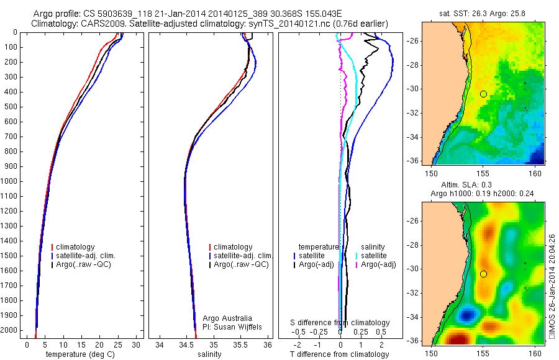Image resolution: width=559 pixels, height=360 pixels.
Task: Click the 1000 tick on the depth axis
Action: [11, 181]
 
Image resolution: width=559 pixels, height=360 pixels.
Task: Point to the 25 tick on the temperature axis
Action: [118, 344]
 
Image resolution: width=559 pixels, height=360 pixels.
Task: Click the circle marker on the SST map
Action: [483, 94]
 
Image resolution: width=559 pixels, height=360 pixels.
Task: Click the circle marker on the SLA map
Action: [483, 274]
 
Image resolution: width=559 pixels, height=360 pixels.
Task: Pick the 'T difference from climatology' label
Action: [339, 354]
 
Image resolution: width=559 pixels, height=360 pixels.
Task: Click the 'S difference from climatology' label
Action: [340, 323]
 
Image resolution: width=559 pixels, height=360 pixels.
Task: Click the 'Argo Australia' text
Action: [227, 318]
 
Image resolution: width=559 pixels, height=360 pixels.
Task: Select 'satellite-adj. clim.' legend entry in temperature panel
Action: [90, 256]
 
